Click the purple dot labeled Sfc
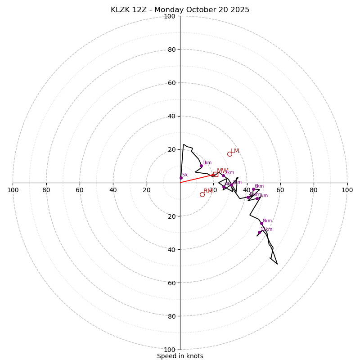point(181,178)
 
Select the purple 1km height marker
point(201,166)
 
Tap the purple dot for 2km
point(223,175)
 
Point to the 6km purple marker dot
point(253,189)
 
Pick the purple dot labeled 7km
point(257,198)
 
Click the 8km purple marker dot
point(261,223)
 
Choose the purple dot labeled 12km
point(259,232)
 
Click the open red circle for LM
point(229,154)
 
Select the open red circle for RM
point(202,194)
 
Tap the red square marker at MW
point(216,174)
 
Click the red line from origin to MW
point(196,179)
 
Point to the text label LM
point(235,151)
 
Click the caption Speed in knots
point(180,356)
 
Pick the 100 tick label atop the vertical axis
point(170,16)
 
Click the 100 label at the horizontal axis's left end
point(13,190)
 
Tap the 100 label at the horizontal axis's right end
point(347,190)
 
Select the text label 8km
point(267,221)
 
